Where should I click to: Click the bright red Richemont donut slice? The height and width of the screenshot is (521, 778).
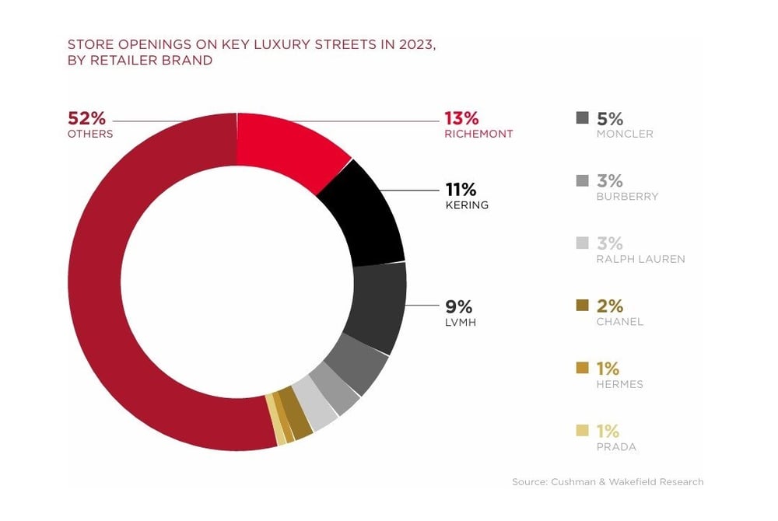[288, 148]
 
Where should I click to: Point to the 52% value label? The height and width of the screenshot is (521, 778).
[86, 118]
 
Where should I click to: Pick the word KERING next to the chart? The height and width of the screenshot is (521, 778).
[467, 205]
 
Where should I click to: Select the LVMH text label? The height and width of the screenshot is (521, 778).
[460, 322]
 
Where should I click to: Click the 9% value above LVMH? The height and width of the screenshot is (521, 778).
[459, 306]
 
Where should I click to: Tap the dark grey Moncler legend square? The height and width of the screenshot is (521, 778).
[582, 118]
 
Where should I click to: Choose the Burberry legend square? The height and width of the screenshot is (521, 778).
[582, 181]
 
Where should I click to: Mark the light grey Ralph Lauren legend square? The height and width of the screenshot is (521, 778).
[582, 243]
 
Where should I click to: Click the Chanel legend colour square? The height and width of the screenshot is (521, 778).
[582, 306]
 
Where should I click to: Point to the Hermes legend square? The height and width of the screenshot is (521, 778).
[582, 369]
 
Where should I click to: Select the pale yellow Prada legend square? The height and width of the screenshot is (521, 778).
[582, 431]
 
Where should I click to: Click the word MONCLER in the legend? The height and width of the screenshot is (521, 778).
[625, 134]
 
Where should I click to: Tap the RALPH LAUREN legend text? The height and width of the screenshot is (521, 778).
[641, 259]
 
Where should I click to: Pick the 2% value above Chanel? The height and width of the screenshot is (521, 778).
[610, 306]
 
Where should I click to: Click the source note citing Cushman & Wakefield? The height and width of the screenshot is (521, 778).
[608, 482]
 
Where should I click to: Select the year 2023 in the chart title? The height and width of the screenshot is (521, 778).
[413, 44]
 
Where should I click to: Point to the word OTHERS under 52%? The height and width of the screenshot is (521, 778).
[91, 134]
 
